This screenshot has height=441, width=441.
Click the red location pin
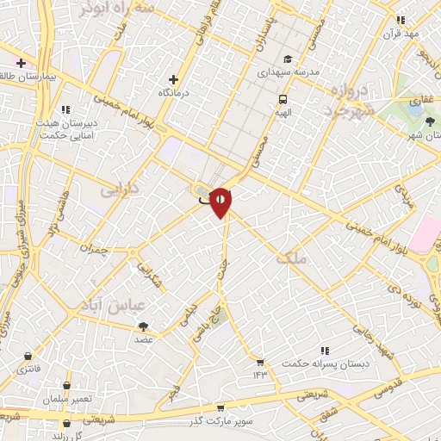click(x=220, y=202)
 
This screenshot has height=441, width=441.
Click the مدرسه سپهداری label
click(x=287, y=73)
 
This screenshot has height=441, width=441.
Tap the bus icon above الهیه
click(x=283, y=98)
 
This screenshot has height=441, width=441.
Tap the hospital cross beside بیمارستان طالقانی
click(x=21, y=63)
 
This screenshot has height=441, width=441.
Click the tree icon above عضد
click(x=142, y=326)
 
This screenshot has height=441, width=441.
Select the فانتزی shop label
click(x=29, y=370)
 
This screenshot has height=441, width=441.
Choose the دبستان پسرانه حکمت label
click(x=325, y=363)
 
